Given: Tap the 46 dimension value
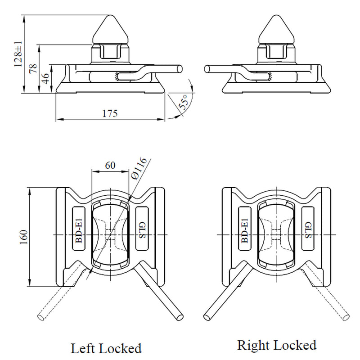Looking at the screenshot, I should point(45,77).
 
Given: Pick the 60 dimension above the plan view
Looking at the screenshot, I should point(110,165).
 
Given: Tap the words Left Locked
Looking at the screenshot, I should point(106,348).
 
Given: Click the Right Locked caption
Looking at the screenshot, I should point(277,345).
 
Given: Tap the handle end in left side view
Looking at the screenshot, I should point(180,68).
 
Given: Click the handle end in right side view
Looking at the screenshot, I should point(207,68).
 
